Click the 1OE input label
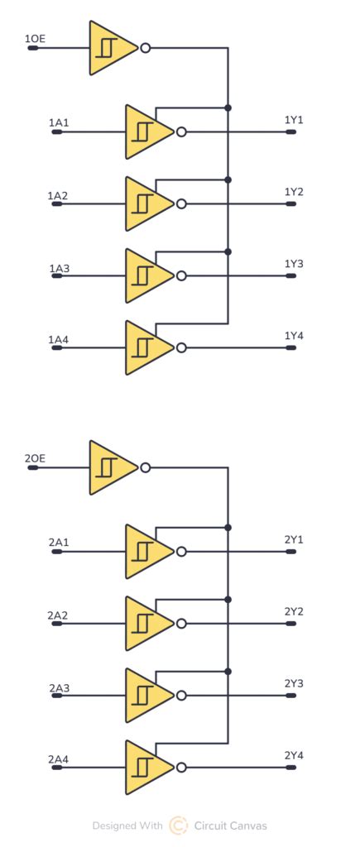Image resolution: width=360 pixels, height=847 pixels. pos(35,39)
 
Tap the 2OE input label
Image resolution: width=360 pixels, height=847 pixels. pos(35,458)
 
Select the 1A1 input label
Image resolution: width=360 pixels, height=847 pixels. pos(59,123)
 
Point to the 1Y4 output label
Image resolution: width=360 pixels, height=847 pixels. pos(294,336)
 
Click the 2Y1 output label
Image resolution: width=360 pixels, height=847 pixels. pos(294,539)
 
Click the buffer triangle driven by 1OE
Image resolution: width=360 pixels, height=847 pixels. pos(111,48)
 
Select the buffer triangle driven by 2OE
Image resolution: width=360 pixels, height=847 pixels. pos(111,468)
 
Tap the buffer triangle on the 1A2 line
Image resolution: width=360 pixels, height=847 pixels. pos(147,203)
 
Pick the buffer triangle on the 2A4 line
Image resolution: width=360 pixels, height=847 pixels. pos(147,768)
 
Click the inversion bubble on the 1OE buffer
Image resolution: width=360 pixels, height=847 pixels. pos(146,48)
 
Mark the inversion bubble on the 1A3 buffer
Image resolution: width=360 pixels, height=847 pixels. pos(181,275)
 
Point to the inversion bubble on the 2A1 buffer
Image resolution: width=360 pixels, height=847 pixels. pos(181,552)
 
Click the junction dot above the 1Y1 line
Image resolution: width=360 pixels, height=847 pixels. pos(228,108)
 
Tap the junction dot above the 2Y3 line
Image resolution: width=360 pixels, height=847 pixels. pos(228,671)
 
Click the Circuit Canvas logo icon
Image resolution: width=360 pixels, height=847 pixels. pos(178,825)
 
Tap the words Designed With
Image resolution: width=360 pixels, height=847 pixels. pos(127,825)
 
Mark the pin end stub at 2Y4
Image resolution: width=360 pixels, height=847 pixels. pos(291,768)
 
